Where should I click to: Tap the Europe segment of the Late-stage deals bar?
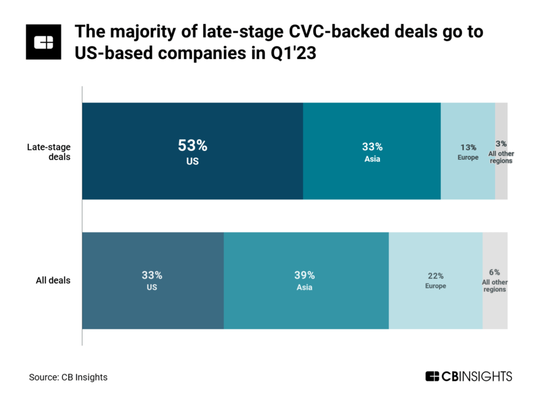point(468,181)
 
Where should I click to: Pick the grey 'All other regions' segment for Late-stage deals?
point(501,184)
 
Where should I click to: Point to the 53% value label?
point(193,146)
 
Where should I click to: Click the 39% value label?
point(304,275)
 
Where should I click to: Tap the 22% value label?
point(436,276)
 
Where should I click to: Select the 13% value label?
point(468,147)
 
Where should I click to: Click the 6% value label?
point(495,272)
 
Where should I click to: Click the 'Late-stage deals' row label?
point(48,152)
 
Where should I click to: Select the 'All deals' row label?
point(53,280)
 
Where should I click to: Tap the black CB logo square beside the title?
point(44,42)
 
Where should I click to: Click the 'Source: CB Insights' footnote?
point(68,377)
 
